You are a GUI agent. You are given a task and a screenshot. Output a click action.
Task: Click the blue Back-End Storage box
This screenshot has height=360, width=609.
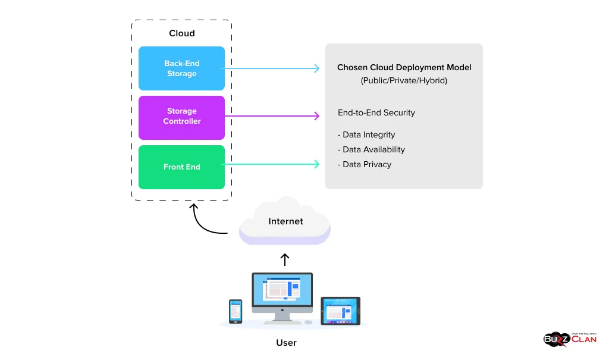click(181, 68)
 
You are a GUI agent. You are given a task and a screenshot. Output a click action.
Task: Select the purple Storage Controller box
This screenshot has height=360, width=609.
click(181, 117)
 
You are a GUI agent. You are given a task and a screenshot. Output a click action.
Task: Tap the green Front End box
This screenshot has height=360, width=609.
click(181, 167)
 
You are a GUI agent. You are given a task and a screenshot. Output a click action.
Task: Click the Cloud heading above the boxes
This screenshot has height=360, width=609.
click(181, 33)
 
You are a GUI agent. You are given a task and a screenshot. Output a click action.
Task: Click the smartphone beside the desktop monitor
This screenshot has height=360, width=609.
click(236, 311)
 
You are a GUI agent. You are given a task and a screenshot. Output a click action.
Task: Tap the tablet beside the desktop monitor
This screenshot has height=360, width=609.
click(340, 311)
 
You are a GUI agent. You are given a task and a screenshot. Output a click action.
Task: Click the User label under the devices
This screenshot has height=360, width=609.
click(286, 343)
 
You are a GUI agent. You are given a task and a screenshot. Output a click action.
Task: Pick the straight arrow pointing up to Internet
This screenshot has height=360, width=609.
click(285, 259)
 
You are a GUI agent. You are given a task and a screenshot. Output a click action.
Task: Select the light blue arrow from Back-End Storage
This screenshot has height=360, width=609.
click(271, 68)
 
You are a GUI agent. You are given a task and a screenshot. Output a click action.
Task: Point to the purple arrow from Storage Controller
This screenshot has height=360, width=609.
click(271, 116)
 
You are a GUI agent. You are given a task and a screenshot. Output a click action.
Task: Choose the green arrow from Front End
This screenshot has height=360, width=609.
click(271, 164)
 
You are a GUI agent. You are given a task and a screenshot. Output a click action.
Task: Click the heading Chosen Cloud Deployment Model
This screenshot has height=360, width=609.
click(404, 67)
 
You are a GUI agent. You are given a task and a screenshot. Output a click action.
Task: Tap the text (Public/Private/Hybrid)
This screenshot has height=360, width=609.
click(404, 81)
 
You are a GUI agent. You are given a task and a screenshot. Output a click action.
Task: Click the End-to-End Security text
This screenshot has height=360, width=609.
click(376, 112)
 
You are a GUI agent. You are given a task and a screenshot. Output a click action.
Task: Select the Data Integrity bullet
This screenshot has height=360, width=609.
click(366, 135)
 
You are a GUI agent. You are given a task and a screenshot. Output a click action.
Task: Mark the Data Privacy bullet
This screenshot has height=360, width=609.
click(365, 164)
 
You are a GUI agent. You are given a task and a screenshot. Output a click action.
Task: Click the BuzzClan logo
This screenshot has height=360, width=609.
click(570, 339)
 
